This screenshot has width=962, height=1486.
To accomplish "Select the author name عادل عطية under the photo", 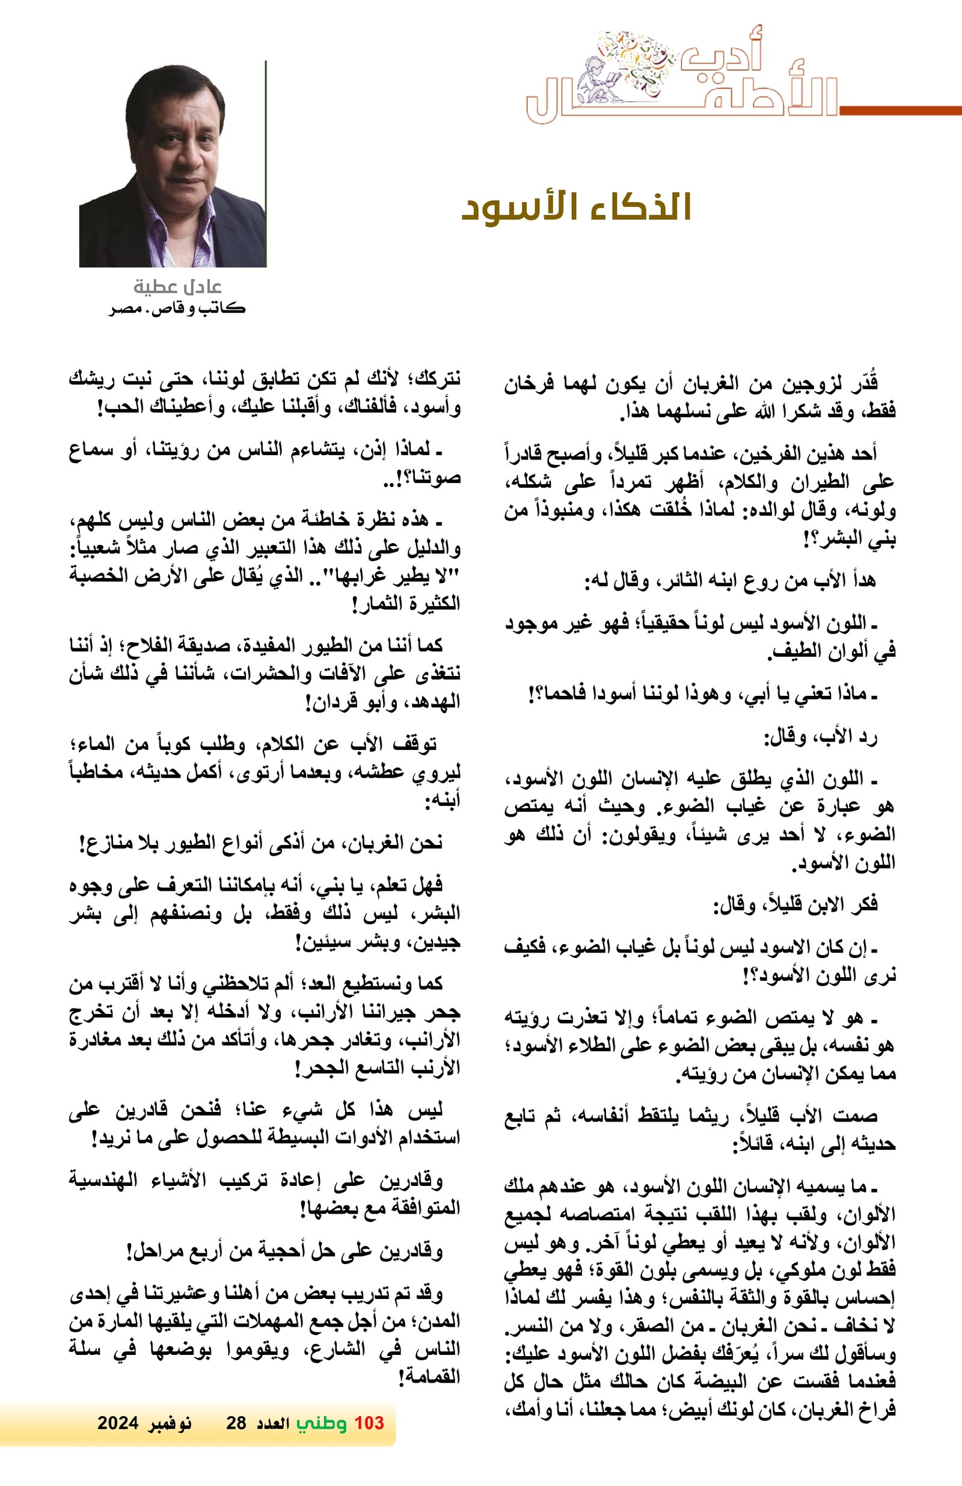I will point(178,287).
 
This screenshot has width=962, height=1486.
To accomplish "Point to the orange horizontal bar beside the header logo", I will point(899,111).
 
